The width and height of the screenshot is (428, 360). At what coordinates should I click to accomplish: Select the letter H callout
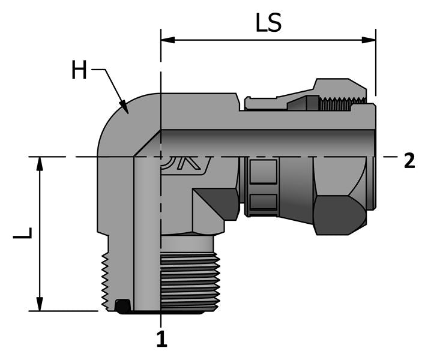79,71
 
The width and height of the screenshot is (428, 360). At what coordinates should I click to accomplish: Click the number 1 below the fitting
161,340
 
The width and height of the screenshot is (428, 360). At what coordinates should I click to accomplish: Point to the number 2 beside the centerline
409,161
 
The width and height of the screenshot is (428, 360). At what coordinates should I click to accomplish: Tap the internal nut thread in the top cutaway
342,104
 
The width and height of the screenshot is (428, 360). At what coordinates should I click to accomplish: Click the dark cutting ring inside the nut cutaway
303,104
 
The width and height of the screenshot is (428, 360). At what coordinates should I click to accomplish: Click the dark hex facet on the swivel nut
339,214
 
